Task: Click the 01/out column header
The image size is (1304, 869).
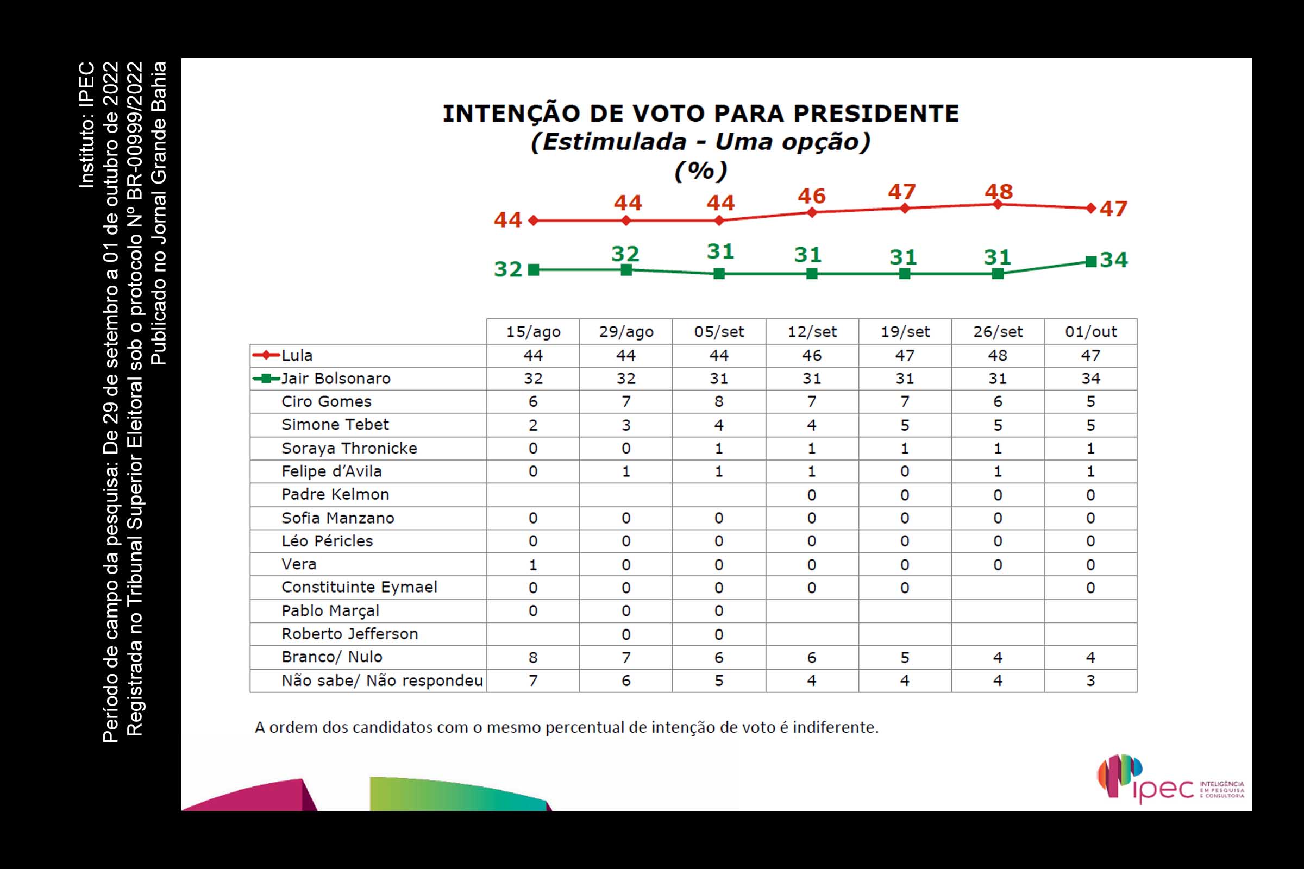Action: pyautogui.click(x=1090, y=331)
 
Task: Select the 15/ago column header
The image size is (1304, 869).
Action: pyautogui.click(x=533, y=331)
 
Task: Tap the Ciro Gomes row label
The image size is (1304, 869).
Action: pyautogui.click(x=326, y=401)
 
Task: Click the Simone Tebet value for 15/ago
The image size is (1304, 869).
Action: pyautogui.click(x=533, y=425)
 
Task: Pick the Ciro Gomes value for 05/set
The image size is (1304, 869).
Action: pyautogui.click(x=718, y=401)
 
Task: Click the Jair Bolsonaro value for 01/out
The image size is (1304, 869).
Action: pyautogui.click(x=1090, y=379)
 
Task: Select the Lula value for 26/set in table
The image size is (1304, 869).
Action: pyautogui.click(x=998, y=355)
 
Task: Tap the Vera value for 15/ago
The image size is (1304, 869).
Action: pyautogui.click(x=533, y=565)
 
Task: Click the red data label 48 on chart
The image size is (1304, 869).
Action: pyautogui.click(x=999, y=192)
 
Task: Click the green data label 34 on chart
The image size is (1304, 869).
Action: pyautogui.click(x=1114, y=260)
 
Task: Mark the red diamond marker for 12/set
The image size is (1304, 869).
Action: pyautogui.click(x=812, y=212)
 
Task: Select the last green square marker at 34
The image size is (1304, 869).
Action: pyautogui.click(x=1090, y=262)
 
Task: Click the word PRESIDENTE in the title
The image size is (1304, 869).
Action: pyautogui.click(x=876, y=114)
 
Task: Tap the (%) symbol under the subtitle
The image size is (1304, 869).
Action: pyautogui.click(x=700, y=171)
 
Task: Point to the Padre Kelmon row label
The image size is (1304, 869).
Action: pyautogui.click(x=335, y=494)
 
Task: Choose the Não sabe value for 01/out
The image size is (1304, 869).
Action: pyautogui.click(x=1090, y=681)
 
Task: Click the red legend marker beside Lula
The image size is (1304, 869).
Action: pyautogui.click(x=266, y=355)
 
